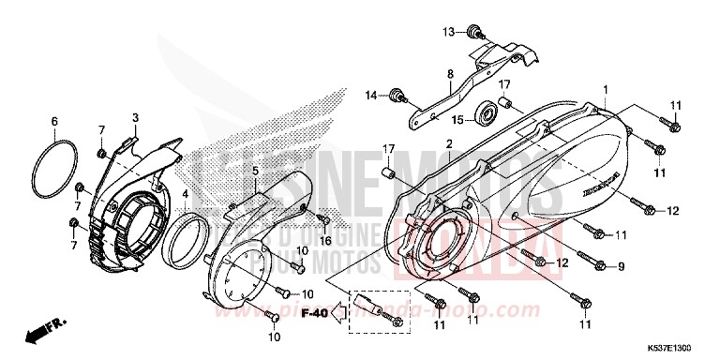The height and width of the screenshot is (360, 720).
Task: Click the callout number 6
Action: pos(54,121)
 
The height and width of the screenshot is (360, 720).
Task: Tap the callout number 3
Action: pos(135,117)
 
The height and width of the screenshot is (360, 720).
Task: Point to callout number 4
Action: pos(186,195)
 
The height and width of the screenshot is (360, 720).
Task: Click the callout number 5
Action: pos(254,172)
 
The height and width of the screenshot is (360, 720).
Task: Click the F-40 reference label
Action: pos(319,313)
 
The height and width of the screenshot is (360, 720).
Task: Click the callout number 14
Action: pos(370,95)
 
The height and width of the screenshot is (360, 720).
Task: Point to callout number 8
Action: pos(450,74)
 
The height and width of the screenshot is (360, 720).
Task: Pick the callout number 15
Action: pos(457,120)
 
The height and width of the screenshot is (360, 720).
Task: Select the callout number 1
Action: pos(605,90)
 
